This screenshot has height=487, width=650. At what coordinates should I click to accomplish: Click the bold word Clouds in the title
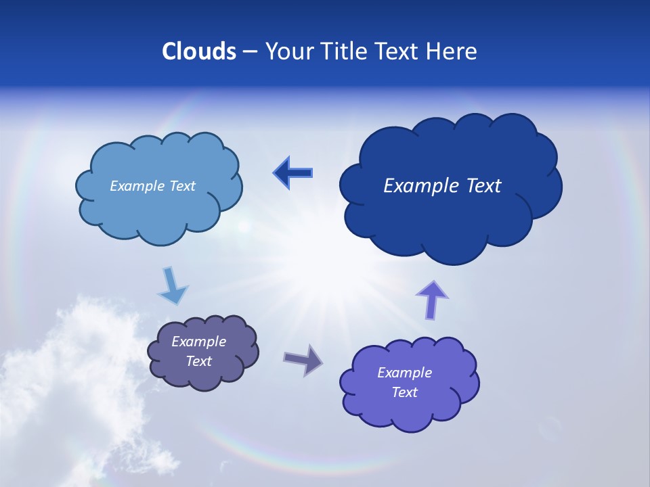pyautogui.click(x=199, y=51)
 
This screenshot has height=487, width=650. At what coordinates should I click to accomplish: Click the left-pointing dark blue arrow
pyautogui.click(x=293, y=173)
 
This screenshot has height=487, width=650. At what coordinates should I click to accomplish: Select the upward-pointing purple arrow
pyautogui.click(x=432, y=300)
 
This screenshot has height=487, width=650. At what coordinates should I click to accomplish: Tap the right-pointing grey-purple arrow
pyautogui.click(x=303, y=359)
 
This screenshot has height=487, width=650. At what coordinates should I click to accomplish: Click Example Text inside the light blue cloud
pyautogui.click(x=152, y=186)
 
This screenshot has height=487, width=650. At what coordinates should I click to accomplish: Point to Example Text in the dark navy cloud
pyautogui.click(x=442, y=186)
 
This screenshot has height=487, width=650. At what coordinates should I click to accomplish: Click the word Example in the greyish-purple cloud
pyautogui.click(x=198, y=342)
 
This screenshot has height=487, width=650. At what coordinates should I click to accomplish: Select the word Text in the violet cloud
pyautogui.click(x=404, y=392)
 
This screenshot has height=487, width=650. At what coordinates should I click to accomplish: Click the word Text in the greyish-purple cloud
pyautogui.click(x=198, y=361)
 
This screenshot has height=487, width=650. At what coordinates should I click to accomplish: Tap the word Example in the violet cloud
pyautogui.click(x=404, y=373)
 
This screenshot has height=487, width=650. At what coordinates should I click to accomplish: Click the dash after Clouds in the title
pyautogui.click(x=250, y=51)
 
